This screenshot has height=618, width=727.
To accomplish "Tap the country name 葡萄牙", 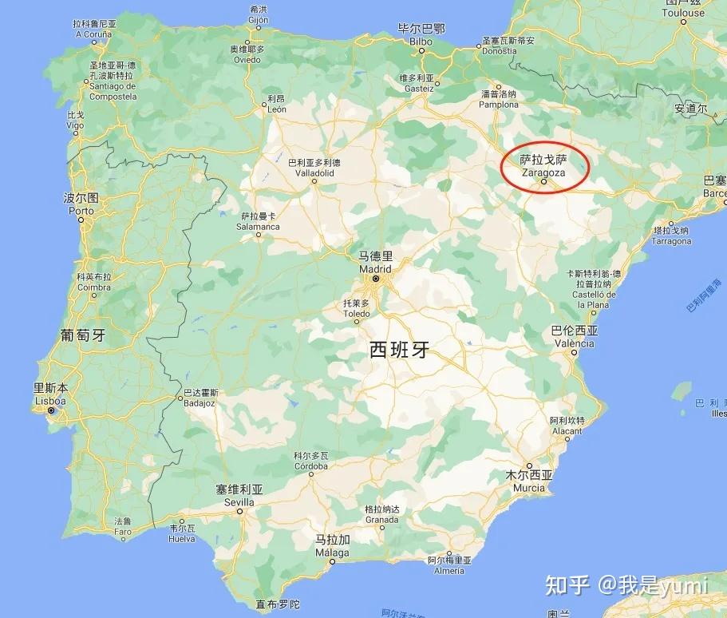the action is pyautogui.click(x=83, y=335).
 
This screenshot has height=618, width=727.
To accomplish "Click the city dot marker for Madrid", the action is pyautogui.click(x=375, y=279).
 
